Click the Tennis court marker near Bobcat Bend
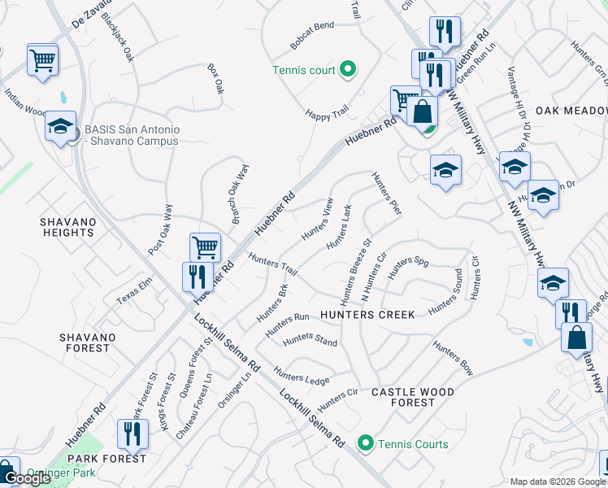[x=348, y=70]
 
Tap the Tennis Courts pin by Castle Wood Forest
[x=366, y=444]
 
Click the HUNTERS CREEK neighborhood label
[x=367, y=315]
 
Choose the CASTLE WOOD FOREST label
[x=412, y=397]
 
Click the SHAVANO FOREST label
[x=84, y=342]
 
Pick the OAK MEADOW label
[x=571, y=111]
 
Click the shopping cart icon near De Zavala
[x=42, y=59]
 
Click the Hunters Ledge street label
[x=302, y=376]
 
